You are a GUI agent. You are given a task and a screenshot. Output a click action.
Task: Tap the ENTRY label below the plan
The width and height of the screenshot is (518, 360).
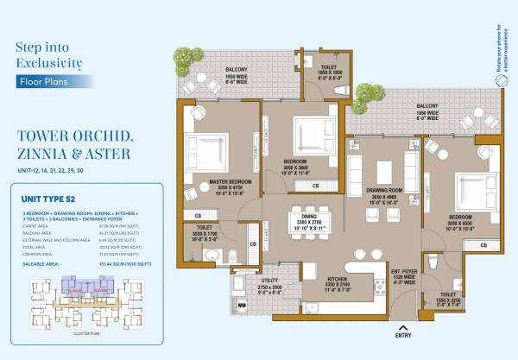[x=402, y=333]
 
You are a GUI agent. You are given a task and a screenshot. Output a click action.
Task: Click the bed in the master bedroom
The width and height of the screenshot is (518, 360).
[x=212, y=148]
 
